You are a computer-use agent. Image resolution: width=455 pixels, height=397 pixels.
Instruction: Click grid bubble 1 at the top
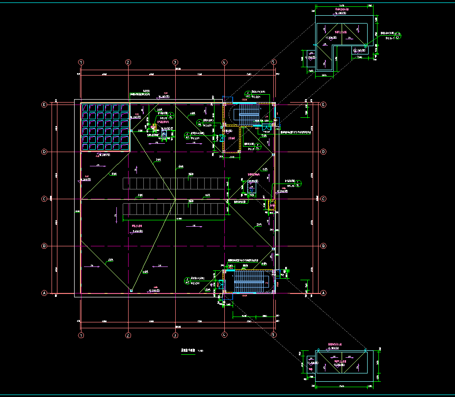click(81, 62)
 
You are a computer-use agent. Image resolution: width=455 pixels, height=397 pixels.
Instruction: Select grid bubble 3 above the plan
click(175, 62)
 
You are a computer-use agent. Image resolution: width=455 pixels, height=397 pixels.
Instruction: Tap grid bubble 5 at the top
click(274, 62)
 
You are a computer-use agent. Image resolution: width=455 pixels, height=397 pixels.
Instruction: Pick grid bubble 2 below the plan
click(128, 335)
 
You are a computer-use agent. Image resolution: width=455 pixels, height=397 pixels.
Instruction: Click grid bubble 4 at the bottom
click(224, 335)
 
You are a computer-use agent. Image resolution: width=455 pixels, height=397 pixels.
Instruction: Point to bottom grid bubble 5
click(274, 335)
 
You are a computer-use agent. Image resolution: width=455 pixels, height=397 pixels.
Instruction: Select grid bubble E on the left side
click(44, 105)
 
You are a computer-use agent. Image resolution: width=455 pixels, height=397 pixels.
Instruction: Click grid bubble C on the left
click(44, 199)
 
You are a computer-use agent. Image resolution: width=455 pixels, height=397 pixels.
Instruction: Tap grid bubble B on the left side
click(44, 246)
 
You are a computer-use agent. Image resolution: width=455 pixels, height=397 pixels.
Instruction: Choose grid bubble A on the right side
click(323, 293)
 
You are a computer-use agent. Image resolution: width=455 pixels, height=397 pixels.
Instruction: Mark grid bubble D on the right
click(323, 152)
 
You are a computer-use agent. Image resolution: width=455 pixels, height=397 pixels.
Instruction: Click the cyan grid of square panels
click(105, 127)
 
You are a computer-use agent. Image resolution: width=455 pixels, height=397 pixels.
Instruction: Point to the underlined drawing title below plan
click(185, 351)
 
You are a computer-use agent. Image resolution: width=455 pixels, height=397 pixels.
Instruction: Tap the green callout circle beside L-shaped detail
click(399, 35)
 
